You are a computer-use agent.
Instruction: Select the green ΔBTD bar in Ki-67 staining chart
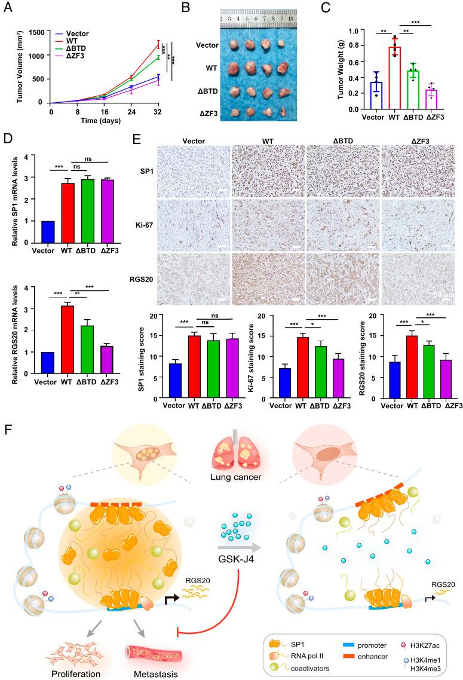305,372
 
